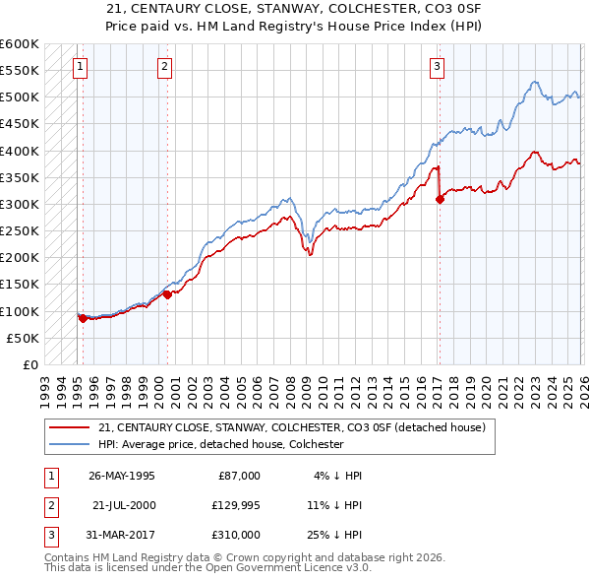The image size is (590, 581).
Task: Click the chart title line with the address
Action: pyautogui.click(x=294, y=9)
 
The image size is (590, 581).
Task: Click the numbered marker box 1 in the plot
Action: pyautogui.click(x=80, y=67)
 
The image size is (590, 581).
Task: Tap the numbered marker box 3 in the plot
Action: pyautogui.click(x=436, y=67)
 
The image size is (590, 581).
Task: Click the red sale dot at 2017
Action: pyautogui.click(x=440, y=199)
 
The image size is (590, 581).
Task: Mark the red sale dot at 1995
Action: pyautogui.click(x=83, y=318)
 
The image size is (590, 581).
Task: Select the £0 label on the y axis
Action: pyautogui.click(x=29, y=364)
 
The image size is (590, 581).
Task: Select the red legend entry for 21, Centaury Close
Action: pyautogui.click(x=291, y=428)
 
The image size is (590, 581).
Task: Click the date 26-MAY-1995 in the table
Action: pyautogui.click(x=122, y=475)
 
